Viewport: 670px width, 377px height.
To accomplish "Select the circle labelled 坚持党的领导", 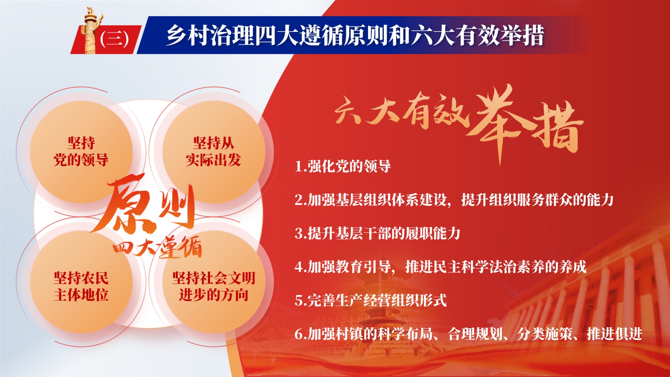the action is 81,152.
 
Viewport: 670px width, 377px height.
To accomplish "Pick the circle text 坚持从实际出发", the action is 213,152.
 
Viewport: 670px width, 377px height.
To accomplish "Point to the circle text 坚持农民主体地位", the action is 81,286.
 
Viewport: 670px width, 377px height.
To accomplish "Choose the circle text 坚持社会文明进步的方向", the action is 213,286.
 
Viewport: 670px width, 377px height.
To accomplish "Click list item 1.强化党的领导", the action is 343,166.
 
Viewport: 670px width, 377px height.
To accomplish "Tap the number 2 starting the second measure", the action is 299,200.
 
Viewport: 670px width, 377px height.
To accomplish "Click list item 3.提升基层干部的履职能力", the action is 378,233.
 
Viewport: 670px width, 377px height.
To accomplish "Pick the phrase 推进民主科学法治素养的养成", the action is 496,267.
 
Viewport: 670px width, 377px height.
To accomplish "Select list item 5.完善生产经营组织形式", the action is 371,300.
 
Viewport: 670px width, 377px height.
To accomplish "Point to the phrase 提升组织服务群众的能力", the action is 538,200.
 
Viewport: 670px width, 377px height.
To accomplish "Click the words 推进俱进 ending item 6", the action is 614,334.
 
